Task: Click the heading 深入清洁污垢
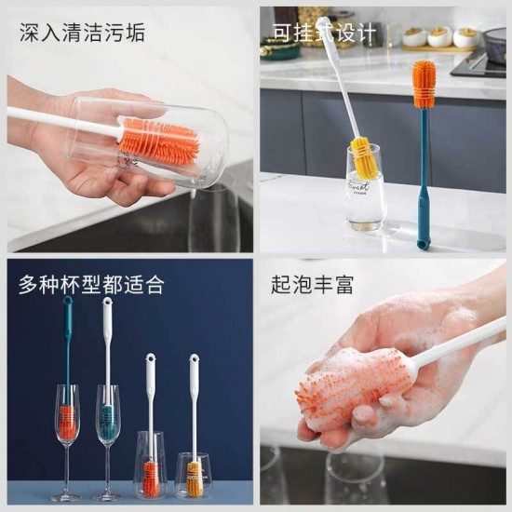point(82,33)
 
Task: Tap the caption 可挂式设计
point(324,33)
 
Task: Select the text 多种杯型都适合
point(91,285)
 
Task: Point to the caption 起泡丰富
point(312,285)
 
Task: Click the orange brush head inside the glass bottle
point(159,140)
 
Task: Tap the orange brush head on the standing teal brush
point(425,84)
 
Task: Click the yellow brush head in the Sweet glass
point(363,155)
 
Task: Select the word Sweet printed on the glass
point(358,186)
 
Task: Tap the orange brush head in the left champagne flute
point(68,422)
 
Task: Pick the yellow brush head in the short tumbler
point(195,479)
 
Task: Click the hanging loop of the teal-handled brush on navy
point(68,300)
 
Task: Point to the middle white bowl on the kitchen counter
point(439,36)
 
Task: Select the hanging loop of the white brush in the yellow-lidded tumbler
point(194,357)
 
